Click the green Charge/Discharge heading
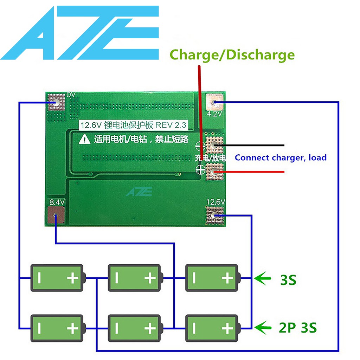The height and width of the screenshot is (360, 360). click(x=232, y=55)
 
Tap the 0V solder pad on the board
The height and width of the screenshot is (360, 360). click(x=56, y=102)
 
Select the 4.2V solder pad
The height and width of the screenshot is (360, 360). click(x=214, y=102)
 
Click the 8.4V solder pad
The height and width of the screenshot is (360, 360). click(x=56, y=215)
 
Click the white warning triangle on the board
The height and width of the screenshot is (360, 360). click(x=84, y=140)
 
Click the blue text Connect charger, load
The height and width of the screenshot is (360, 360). click(x=281, y=157)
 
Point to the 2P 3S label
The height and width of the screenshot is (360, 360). click(x=298, y=328)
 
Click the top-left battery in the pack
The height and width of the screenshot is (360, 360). click(x=58, y=278)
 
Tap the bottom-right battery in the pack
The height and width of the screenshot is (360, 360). click(x=212, y=328)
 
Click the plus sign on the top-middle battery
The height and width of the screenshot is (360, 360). click(x=150, y=278)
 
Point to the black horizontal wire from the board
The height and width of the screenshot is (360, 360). click(x=253, y=145)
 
